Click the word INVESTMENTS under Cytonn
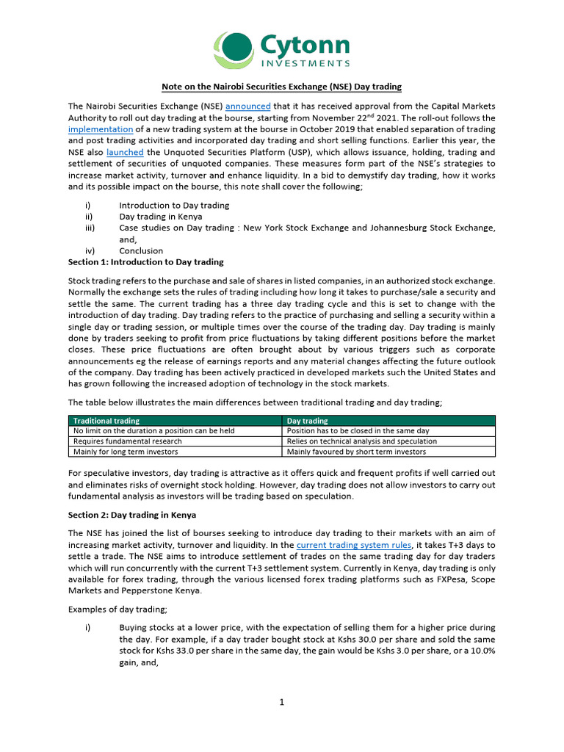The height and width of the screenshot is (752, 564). [x=303, y=64]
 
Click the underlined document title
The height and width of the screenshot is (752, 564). [x=281, y=87]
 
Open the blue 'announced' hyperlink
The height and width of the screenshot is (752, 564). [x=247, y=106]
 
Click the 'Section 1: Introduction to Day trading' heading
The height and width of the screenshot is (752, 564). [x=146, y=261]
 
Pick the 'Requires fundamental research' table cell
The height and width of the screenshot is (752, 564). [x=128, y=441]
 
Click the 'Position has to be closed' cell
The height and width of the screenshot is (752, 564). [x=358, y=430]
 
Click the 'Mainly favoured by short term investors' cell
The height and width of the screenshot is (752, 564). [x=356, y=452]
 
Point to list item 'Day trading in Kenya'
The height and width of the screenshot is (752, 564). [x=160, y=217]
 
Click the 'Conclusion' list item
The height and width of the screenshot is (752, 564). [x=141, y=250]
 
